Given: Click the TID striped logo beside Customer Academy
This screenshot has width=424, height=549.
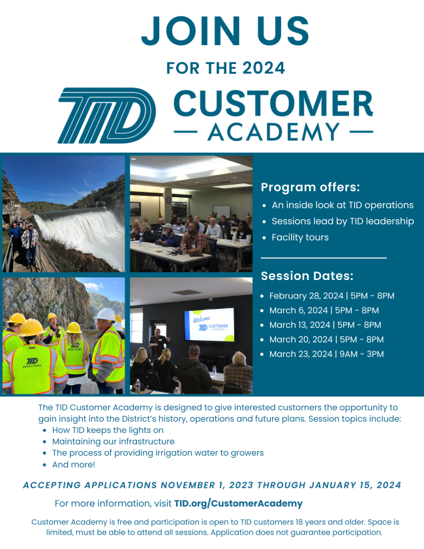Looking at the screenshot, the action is click(x=107, y=116).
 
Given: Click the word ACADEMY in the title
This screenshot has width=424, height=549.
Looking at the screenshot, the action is click(x=274, y=133).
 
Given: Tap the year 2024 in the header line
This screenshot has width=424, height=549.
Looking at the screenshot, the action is click(x=264, y=68).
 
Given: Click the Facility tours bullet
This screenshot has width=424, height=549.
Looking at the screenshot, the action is click(x=300, y=238).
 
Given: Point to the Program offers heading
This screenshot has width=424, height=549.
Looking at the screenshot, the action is click(x=310, y=187).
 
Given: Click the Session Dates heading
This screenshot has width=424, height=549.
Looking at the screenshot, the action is click(x=307, y=276).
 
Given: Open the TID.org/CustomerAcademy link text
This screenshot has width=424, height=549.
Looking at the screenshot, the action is click(x=238, y=503).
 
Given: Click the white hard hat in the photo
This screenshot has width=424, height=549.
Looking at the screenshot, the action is click(x=105, y=315).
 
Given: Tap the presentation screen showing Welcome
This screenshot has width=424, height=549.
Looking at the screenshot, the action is click(x=209, y=324).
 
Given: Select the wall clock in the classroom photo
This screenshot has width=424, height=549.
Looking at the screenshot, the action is click(x=168, y=200).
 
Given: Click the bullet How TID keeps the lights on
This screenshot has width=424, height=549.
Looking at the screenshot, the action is click(x=108, y=430).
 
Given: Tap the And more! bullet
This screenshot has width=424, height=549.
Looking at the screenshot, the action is click(x=74, y=465).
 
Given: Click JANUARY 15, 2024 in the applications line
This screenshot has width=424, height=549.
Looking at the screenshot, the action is click(x=355, y=485).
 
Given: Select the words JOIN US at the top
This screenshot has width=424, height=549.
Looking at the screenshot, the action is click(x=225, y=31).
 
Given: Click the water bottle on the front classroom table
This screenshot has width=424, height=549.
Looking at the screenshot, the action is click(x=185, y=249).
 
